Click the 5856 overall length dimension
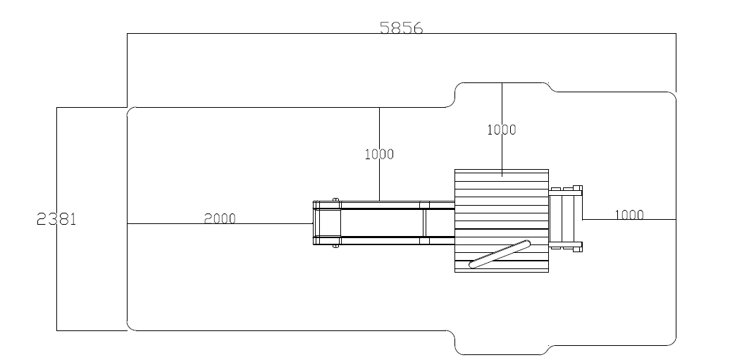point(401,28)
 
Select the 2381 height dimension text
point(56,219)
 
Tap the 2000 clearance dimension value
point(220,218)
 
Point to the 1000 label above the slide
point(379,154)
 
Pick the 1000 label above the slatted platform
point(501,130)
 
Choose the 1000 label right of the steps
point(629,215)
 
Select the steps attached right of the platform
point(565,218)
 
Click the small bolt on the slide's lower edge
point(335,246)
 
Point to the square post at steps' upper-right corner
point(578,189)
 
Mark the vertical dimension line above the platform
point(502,106)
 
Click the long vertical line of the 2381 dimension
point(56,282)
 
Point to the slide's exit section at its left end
point(326,223)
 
